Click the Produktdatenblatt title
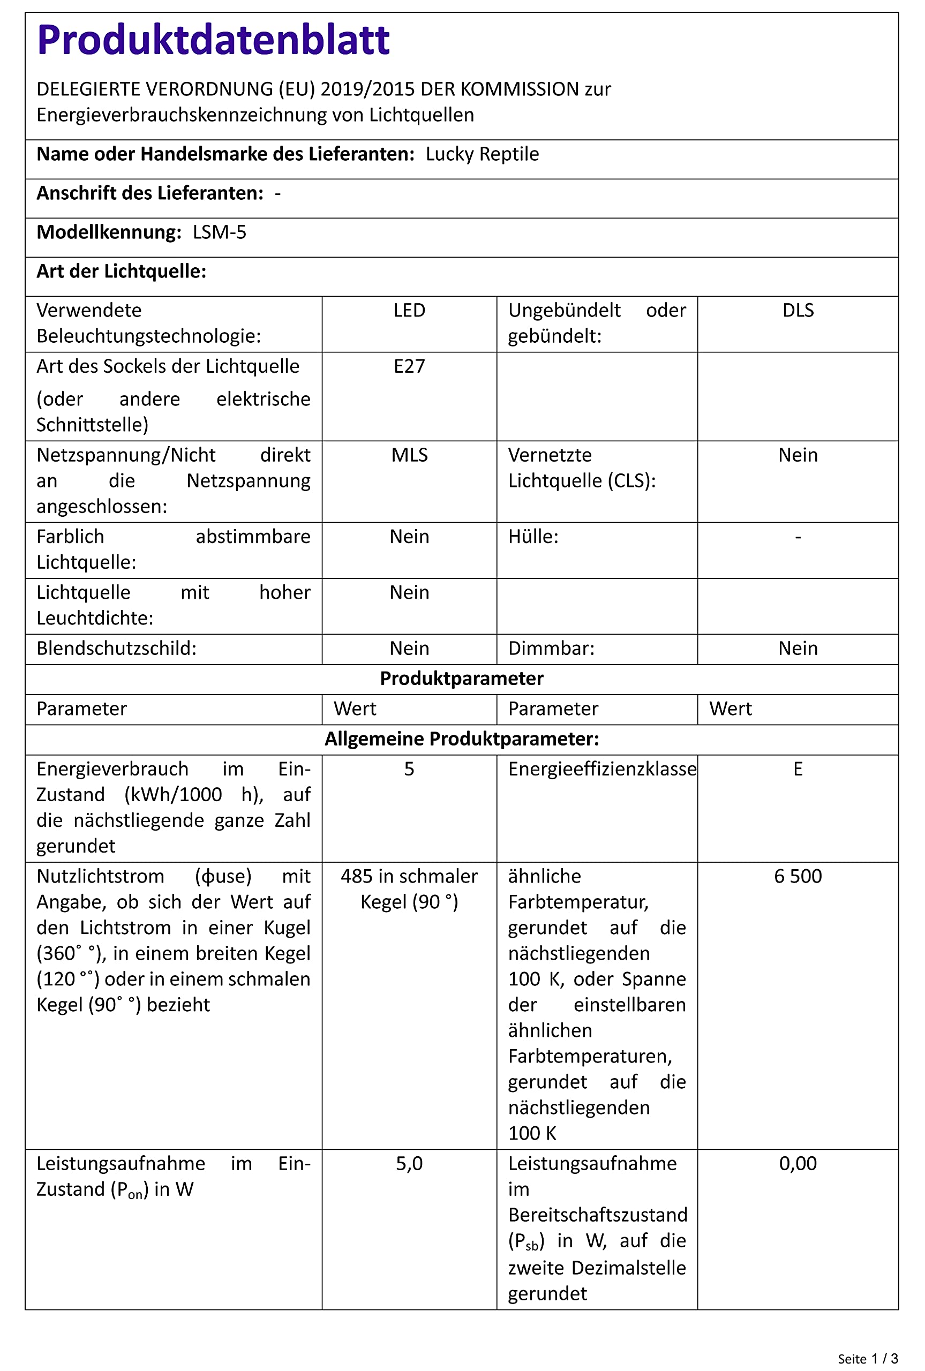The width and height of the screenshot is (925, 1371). click(213, 40)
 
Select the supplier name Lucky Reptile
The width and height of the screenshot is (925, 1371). click(482, 154)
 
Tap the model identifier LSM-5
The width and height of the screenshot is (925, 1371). click(220, 232)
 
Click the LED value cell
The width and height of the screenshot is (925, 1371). click(409, 310)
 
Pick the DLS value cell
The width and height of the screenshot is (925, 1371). click(798, 310)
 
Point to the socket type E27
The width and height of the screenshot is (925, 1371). click(409, 366)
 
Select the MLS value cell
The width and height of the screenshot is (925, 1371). click(409, 455)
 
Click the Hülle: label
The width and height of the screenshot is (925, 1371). click(533, 537)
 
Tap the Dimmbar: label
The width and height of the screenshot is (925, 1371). click(551, 648)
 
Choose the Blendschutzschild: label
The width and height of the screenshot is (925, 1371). click(116, 648)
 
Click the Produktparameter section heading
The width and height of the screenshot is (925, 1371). click(461, 678)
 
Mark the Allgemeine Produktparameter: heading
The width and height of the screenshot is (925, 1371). click(461, 739)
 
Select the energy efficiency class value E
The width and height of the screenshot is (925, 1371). click(798, 769)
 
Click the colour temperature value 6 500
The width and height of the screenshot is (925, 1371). click(798, 876)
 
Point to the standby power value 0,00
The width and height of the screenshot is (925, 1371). click(798, 1163)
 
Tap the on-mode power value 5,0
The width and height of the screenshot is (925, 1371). click(409, 1163)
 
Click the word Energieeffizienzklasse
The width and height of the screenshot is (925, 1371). click(601, 769)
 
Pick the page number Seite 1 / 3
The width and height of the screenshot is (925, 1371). click(867, 1354)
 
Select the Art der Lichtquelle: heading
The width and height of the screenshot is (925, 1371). click(122, 271)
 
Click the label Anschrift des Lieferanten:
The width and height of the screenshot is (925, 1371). click(150, 193)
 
